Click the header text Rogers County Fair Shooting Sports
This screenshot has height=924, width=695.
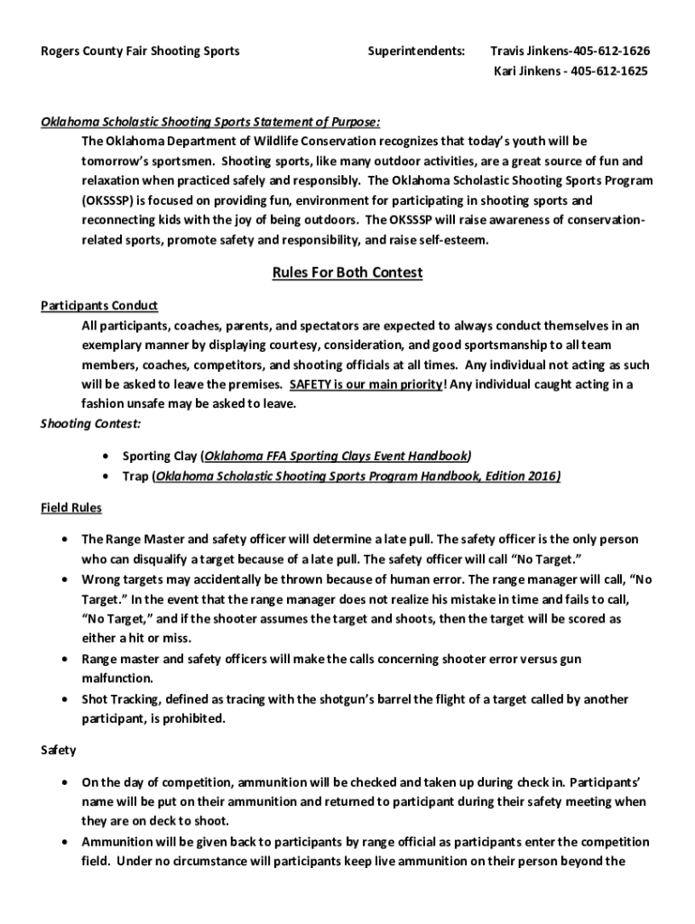pyautogui.click(x=140, y=51)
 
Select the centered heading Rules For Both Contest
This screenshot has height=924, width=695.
pyautogui.click(x=347, y=273)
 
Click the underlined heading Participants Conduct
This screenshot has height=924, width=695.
pyautogui.click(x=99, y=306)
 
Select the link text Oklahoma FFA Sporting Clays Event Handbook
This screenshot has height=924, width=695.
pyautogui.click(x=336, y=456)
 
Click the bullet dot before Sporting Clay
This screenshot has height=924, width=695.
pyautogui.click(x=108, y=457)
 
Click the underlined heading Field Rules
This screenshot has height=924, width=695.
pyautogui.click(x=71, y=508)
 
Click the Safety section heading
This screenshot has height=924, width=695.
pyautogui.click(x=59, y=750)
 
